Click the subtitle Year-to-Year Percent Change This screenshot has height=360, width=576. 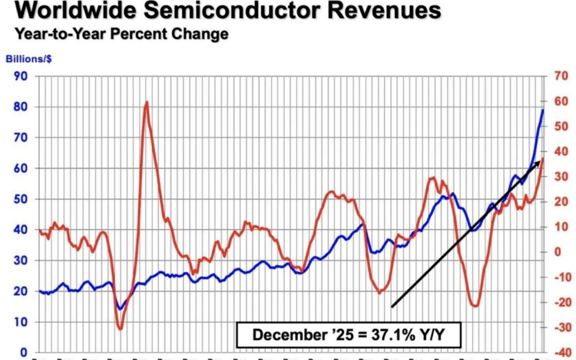[121, 34]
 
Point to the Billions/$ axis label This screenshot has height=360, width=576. [26, 59]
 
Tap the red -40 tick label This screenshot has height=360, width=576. [560, 353]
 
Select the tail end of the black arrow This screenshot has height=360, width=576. [392, 307]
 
